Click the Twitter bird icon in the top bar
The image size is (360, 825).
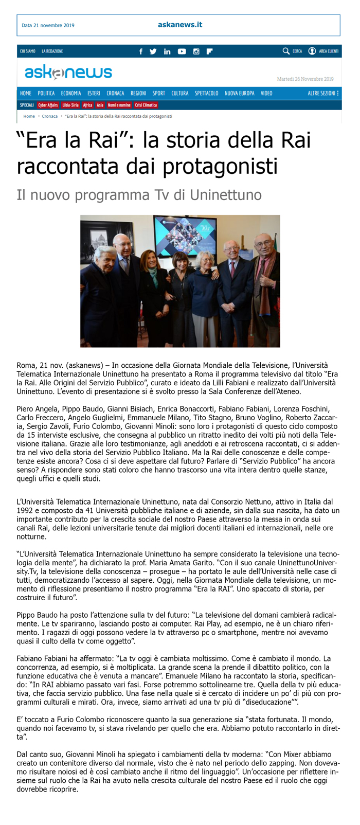(x=153, y=51)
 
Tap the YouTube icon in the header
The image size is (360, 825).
(x=182, y=51)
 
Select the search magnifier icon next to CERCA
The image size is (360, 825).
(x=286, y=51)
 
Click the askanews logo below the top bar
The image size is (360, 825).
(x=68, y=73)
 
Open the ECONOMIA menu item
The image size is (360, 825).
(x=71, y=93)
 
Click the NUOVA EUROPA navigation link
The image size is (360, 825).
(x=239, y=93)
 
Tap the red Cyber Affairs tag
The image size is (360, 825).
(x=48, y=105)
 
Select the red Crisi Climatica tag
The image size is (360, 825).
(x=146, y=105)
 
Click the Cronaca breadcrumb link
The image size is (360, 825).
(x=50, y=116)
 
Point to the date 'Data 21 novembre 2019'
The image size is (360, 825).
(x=48, y=25)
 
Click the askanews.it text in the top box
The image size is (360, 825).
(x=180, y=25)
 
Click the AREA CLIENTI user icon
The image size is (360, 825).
(x=312, y=51)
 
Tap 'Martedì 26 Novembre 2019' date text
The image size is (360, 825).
(x=305, y=79)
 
